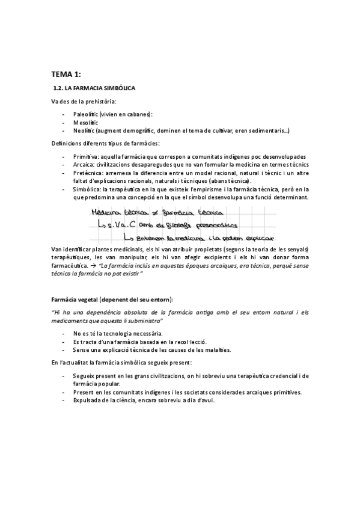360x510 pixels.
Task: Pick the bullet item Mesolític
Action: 85,122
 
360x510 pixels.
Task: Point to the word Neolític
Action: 84,131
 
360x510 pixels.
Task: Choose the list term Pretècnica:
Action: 88,172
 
